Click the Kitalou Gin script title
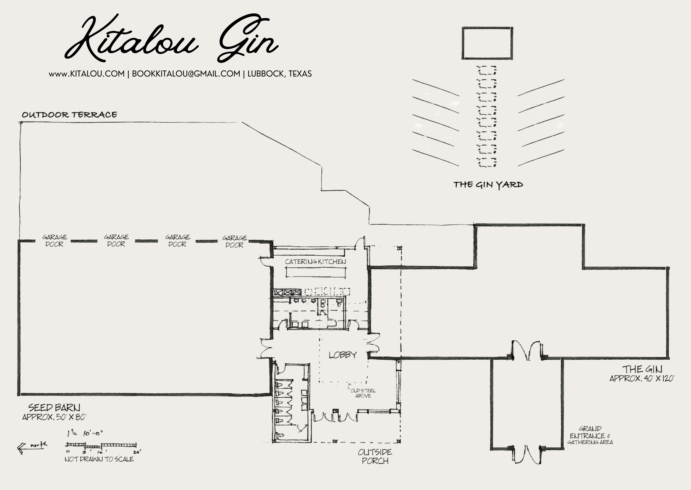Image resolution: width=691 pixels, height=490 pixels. click(172, 39)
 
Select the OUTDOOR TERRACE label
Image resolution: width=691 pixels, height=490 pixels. click(69, 115)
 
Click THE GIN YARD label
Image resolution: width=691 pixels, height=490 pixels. click(488, 185)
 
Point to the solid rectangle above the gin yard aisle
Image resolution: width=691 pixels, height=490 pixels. click(487, 43)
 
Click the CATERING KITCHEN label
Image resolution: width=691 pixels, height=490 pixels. click(315, 262)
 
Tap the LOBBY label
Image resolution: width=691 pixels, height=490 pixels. click(343, 355)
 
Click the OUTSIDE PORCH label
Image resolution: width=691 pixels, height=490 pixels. click(375, 457)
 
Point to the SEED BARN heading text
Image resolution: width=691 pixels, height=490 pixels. click(54, 408)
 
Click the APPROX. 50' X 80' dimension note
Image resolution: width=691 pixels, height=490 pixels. click(54, 417)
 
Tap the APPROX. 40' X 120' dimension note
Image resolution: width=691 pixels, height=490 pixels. click(642, 378)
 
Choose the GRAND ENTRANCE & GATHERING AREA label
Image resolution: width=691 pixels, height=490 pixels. click(590, 435)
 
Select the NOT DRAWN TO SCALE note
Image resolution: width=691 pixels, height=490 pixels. click(99, 459)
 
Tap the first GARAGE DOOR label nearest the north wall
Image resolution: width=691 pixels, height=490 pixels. click(55, 241)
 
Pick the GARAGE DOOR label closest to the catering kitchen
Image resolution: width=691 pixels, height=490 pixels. click(235, 241)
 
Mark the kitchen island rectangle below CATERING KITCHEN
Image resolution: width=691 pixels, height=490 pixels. click(315, 273)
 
